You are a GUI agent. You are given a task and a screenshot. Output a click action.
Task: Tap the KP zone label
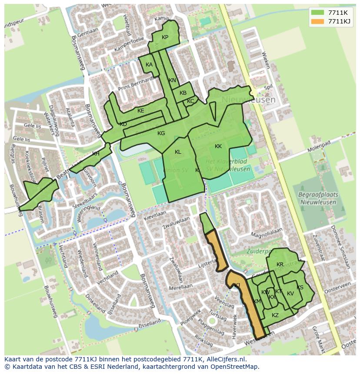pyautogui.click(x=165, y=37)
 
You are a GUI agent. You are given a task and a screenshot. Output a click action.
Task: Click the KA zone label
pyautogui.click(x=149, y=65)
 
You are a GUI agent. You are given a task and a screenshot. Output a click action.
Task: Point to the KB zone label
pyautogui.click(x=183, y=93)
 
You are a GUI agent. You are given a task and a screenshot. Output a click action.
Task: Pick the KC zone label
pyautogui.click(x=190, y=101)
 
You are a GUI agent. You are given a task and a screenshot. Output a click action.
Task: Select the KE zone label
pyautogui.click(x=140, y=111)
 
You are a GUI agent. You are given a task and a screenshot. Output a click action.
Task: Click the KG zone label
pyautogui.click(x=161, y=133)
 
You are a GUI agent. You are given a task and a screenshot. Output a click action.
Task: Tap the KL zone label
pyautogui.click(x=178, y=152)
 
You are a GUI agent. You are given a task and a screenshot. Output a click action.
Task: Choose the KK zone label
pyautogui.click(x=218, y=146)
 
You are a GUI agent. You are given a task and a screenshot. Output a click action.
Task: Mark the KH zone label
pyautogui.click(x=96, y=154)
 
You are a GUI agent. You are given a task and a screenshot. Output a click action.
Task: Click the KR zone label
pyautogui.click(x=280, y=265)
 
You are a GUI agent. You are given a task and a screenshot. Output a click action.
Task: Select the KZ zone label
pyautogui.click(x=275, y=315)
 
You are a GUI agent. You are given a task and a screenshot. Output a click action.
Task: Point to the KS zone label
pyautogui.click(x=300, y=288)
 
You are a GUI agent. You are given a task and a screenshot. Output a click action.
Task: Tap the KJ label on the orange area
pyautogui.click(x=237, y=285)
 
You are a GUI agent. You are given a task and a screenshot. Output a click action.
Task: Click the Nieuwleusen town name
pyautogui.click(x=248, y=99)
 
